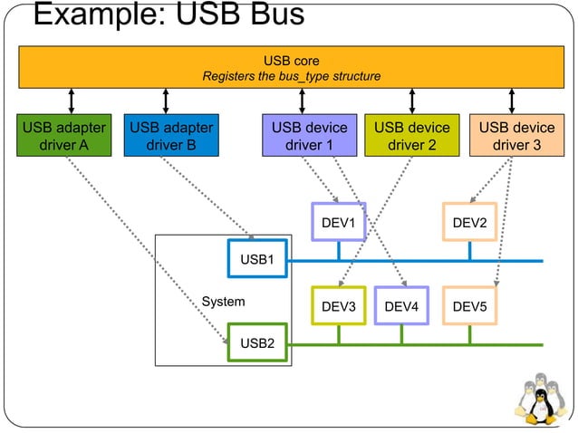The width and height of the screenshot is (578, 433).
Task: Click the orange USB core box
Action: (290, 68)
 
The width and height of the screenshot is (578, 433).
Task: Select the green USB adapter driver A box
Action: (63, 136)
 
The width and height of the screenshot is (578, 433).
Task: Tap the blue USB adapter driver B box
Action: (171, 136)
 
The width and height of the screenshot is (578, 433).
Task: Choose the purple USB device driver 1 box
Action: (310, 136)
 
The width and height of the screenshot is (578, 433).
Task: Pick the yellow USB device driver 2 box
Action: (412, 136)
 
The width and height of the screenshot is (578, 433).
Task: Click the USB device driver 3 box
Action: (516, 136)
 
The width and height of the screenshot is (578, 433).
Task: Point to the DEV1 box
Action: (338, 222)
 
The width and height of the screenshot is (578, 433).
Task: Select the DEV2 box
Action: (469, 222)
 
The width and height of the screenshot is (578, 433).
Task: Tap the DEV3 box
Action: (338, 307)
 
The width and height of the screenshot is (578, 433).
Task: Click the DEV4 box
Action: (401, 307)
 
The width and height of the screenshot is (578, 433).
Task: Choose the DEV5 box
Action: (469, 307)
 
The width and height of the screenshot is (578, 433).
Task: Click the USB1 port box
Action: (257, 259)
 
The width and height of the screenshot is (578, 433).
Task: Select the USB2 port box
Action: (257, 343)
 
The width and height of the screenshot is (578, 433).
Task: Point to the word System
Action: (223, 301)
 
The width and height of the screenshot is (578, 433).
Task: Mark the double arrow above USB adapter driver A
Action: (72, 101)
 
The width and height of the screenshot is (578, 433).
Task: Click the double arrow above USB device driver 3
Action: (512, 101)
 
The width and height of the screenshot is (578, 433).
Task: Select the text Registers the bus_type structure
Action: (292, 76)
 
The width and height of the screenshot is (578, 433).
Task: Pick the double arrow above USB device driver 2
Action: (412, 101)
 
